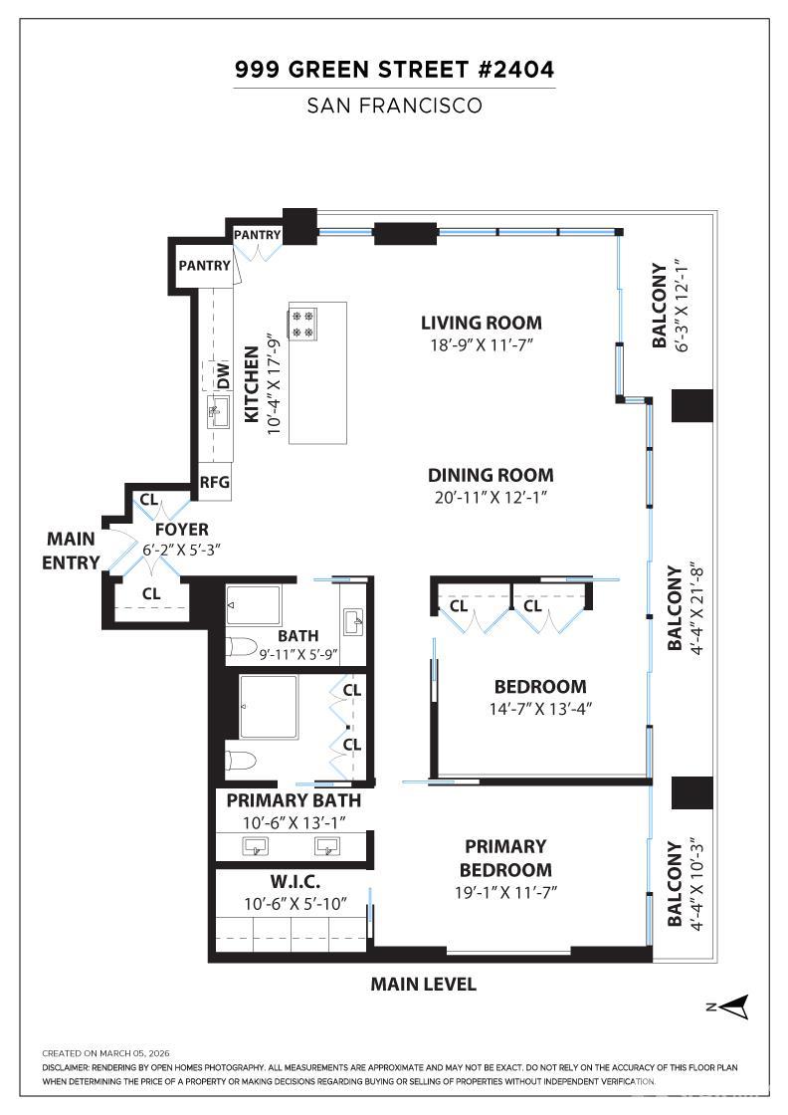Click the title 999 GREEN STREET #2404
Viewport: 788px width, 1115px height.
[x=394, y=70]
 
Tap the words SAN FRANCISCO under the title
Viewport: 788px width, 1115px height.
[x=394, y=106]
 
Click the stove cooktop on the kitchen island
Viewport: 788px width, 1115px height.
[x=302, y=323]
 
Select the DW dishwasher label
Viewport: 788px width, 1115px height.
[x=224, y=376]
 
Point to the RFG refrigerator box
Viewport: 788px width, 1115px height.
[x=215, y=482]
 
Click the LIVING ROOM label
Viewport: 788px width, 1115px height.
[x=481, y=323]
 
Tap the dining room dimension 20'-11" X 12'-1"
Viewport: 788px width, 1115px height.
[x=491, y=496]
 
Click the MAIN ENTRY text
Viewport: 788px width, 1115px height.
[x=72, y=551]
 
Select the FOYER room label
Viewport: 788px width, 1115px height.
[x=181, y=530]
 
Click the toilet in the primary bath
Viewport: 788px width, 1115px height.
[x=241, y=762]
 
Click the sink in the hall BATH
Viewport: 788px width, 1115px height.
[x=353, y=622]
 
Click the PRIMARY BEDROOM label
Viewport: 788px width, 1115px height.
[x=505, y=857]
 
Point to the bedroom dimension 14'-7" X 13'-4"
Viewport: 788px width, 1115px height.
[x=540, y=709]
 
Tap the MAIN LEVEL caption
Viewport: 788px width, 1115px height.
[x=423, y=985]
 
